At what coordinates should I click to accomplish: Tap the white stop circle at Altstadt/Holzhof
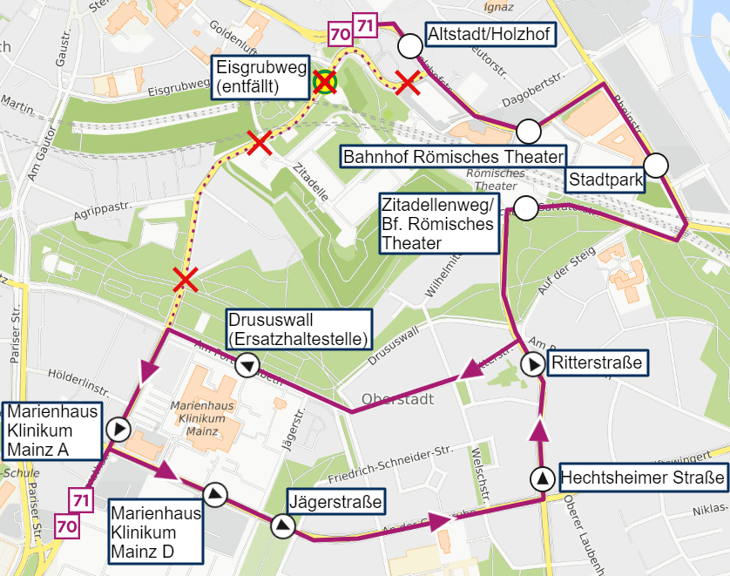(409, 45)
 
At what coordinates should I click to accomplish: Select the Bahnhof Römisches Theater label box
(453, 157)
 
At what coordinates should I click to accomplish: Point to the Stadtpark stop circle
(656, 164)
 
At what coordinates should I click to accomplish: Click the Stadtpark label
(605, 180)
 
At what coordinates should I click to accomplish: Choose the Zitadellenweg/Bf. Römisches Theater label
(438, 223)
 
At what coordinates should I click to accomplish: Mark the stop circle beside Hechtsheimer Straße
(543, 478)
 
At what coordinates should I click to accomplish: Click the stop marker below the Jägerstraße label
(282, 525)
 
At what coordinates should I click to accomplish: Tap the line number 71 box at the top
(364, 25)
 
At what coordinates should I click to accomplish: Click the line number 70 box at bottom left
(67, 525)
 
